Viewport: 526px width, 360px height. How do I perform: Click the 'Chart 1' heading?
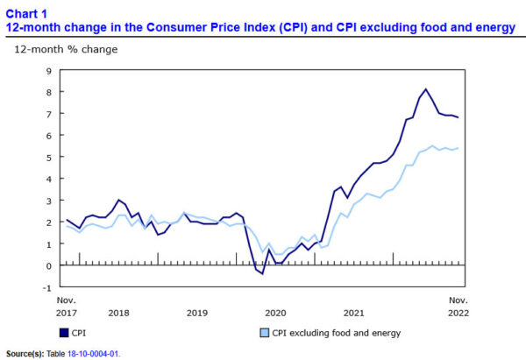coord(25,12)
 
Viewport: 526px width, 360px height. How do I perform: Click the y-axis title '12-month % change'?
coord(65,49)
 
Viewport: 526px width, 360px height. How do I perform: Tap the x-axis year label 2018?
coord(118,313)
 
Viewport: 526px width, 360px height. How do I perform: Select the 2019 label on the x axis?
coord(197,313)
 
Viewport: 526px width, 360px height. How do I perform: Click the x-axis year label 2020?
coord(275,313)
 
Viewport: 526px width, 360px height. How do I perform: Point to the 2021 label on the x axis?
coord(354,313)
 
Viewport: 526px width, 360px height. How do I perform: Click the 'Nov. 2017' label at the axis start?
coord(67,307)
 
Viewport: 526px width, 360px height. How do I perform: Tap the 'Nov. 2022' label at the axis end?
coord(458,307)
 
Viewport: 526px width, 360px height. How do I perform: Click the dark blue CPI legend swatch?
coord(62,333)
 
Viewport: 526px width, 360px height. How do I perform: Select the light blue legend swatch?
coord(264,333)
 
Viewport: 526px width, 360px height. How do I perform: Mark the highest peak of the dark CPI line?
coord(426,88)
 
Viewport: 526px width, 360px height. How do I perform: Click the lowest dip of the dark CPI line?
coord(262,274)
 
